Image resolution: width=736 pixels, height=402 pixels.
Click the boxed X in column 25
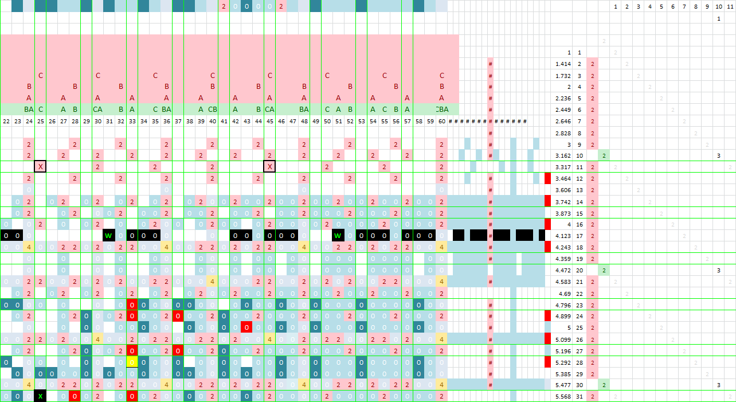(x=40, y=166)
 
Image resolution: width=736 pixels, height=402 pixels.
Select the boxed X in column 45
(x=269, y=166)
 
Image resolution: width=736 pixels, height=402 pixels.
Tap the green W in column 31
(x=109, y=235)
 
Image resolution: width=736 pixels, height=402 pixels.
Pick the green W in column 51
(x=338, y=235)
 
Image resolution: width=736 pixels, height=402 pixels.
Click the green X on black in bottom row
(x=40, y=396)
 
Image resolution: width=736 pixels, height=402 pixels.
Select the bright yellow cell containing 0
(x=132, y=362)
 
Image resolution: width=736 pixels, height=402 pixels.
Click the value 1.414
(x=563, y=64)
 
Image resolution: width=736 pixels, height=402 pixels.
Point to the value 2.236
(x=563, y=98)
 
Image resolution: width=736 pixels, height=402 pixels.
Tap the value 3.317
(x=563, y=167)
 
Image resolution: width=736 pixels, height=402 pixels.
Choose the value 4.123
(x=563, y=236)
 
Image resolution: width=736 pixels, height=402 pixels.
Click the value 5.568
(x=563, y=396)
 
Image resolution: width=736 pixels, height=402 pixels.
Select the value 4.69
(x=565, y=293)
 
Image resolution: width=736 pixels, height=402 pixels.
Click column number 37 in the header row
(x=178, y=121)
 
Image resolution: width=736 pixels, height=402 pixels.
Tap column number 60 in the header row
(x=441, y=121)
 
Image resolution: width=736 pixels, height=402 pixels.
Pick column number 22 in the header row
(x=6, y=121)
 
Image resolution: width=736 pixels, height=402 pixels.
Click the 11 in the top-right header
(x=729, y=6)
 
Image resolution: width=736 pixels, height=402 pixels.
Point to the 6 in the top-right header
(x=672, y=6)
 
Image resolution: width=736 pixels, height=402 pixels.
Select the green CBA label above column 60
(x=441, y=109)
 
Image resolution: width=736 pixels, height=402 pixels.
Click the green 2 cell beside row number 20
(x=604, y=270)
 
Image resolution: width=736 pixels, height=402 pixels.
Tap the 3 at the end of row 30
(x=718, y=385)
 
